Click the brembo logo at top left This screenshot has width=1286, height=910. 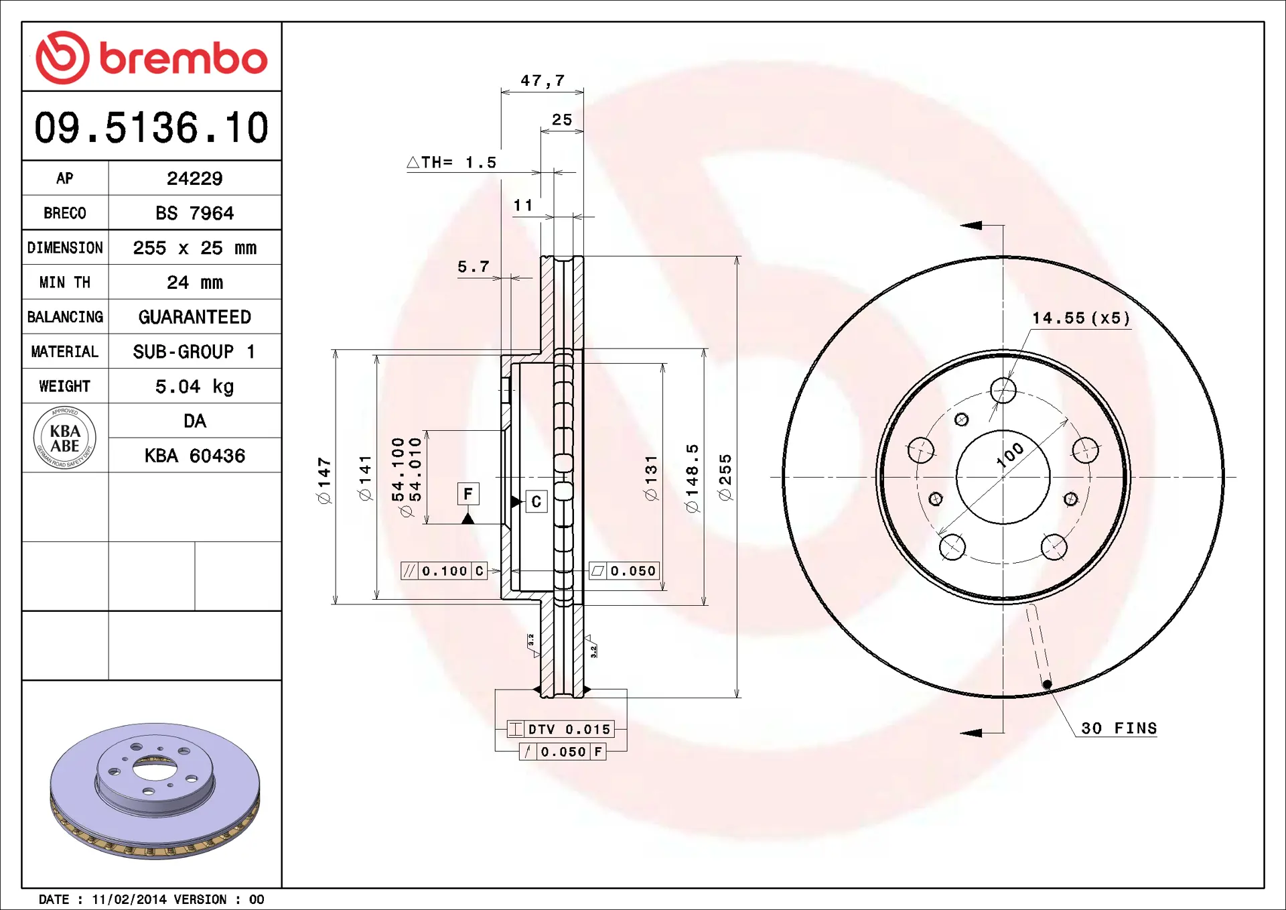click(x=151, y=58)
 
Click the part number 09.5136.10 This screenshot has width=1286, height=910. click(x=151, y=127)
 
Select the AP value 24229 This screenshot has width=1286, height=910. click(x=194, y=178)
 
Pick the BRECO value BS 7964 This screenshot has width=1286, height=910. click(x=194, y=213)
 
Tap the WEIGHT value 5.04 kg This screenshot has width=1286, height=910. click(x=194, y=387)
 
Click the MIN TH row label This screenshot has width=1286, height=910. click(x=65, y=282)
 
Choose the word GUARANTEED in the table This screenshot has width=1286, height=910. click(x=194, y=317)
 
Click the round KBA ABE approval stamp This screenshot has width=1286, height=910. click(x=65, y=438)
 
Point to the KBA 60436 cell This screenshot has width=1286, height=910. click(x=194, y=456)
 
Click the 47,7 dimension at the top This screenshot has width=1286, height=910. click(x=543, y=80)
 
